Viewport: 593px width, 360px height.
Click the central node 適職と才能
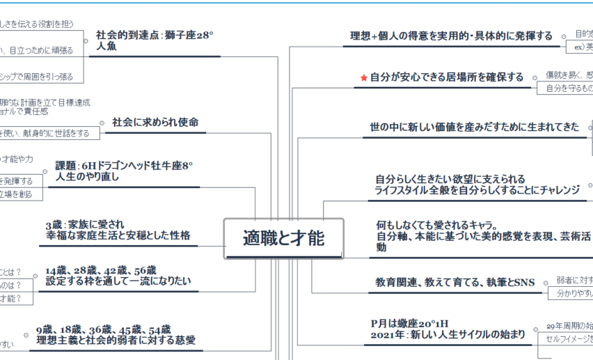pos(283,239)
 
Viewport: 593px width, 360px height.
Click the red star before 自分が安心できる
pos(363,78)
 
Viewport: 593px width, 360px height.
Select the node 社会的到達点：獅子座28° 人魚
pos(155,40)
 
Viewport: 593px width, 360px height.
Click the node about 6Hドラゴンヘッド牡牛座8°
pos(124,171)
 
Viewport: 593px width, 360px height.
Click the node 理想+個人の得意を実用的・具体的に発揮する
pos(451,36)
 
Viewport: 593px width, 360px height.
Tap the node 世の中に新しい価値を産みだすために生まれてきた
pos(474,127)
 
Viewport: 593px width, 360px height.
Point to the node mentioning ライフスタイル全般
pos(477,190)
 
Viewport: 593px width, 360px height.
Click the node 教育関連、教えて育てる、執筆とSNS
pos(454,282)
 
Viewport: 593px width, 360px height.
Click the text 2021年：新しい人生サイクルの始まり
pos(448,334)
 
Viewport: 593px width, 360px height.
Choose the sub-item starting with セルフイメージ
pos(569,339)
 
